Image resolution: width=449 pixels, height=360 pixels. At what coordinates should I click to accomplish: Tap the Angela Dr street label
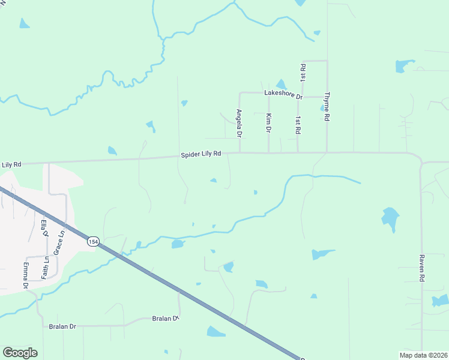pos(239,121)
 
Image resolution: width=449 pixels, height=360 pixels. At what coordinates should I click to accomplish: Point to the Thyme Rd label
pos(327,107)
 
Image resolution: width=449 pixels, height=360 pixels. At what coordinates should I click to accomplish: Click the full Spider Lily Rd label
pos(201,155)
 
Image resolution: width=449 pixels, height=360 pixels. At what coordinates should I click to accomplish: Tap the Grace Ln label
pos(59,244)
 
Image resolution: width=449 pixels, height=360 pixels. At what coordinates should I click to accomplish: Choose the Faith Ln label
pos(45,267)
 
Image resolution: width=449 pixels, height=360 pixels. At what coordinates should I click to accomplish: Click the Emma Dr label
pos(26,275)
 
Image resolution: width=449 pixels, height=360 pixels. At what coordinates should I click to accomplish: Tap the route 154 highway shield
pos(92,241)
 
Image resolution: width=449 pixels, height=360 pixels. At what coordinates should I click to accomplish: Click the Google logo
pos(20,353)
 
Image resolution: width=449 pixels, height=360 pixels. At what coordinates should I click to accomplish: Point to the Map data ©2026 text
pos(423,355)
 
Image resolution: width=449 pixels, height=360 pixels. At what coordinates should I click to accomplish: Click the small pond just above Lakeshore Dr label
pos(281,85)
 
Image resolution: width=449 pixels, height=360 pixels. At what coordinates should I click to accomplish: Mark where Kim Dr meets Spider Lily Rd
pos(268,152)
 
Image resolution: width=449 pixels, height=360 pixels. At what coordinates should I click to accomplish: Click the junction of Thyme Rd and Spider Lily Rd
pos(327,152)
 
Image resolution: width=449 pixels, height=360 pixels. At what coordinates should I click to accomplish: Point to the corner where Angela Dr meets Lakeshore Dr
pos(240,94)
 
